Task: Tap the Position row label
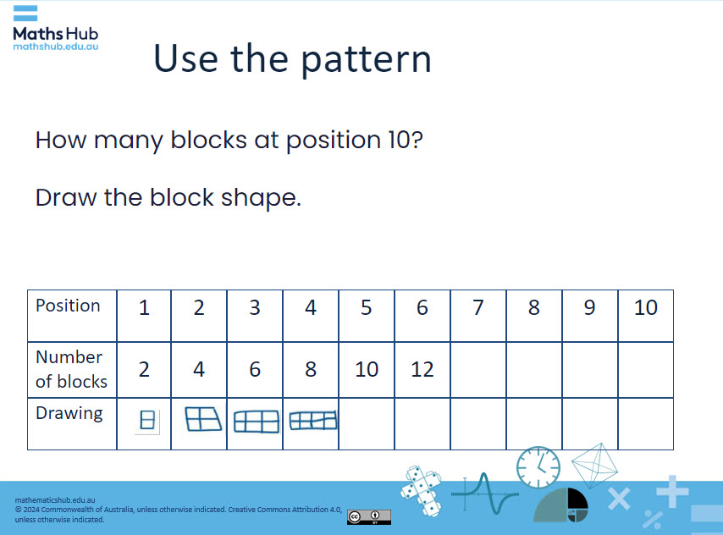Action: pos(68,306)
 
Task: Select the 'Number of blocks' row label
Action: pos(71,369)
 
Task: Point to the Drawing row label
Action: pos(69,413)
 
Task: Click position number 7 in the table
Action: pos(478,307)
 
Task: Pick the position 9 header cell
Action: pos(589,307)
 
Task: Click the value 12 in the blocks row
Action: pos(422,369)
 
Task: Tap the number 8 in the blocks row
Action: pos(311,369)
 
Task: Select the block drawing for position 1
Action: pos(147,421)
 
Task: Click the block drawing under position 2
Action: pos(202,418)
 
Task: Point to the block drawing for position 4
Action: pos(313,420)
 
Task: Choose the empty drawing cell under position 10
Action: pos(645,423)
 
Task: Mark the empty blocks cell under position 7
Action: pos(478,369)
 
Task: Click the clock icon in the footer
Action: pos(538,467)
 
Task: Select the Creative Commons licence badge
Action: pos(368,516)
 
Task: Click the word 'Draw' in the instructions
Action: pos(66,198)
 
